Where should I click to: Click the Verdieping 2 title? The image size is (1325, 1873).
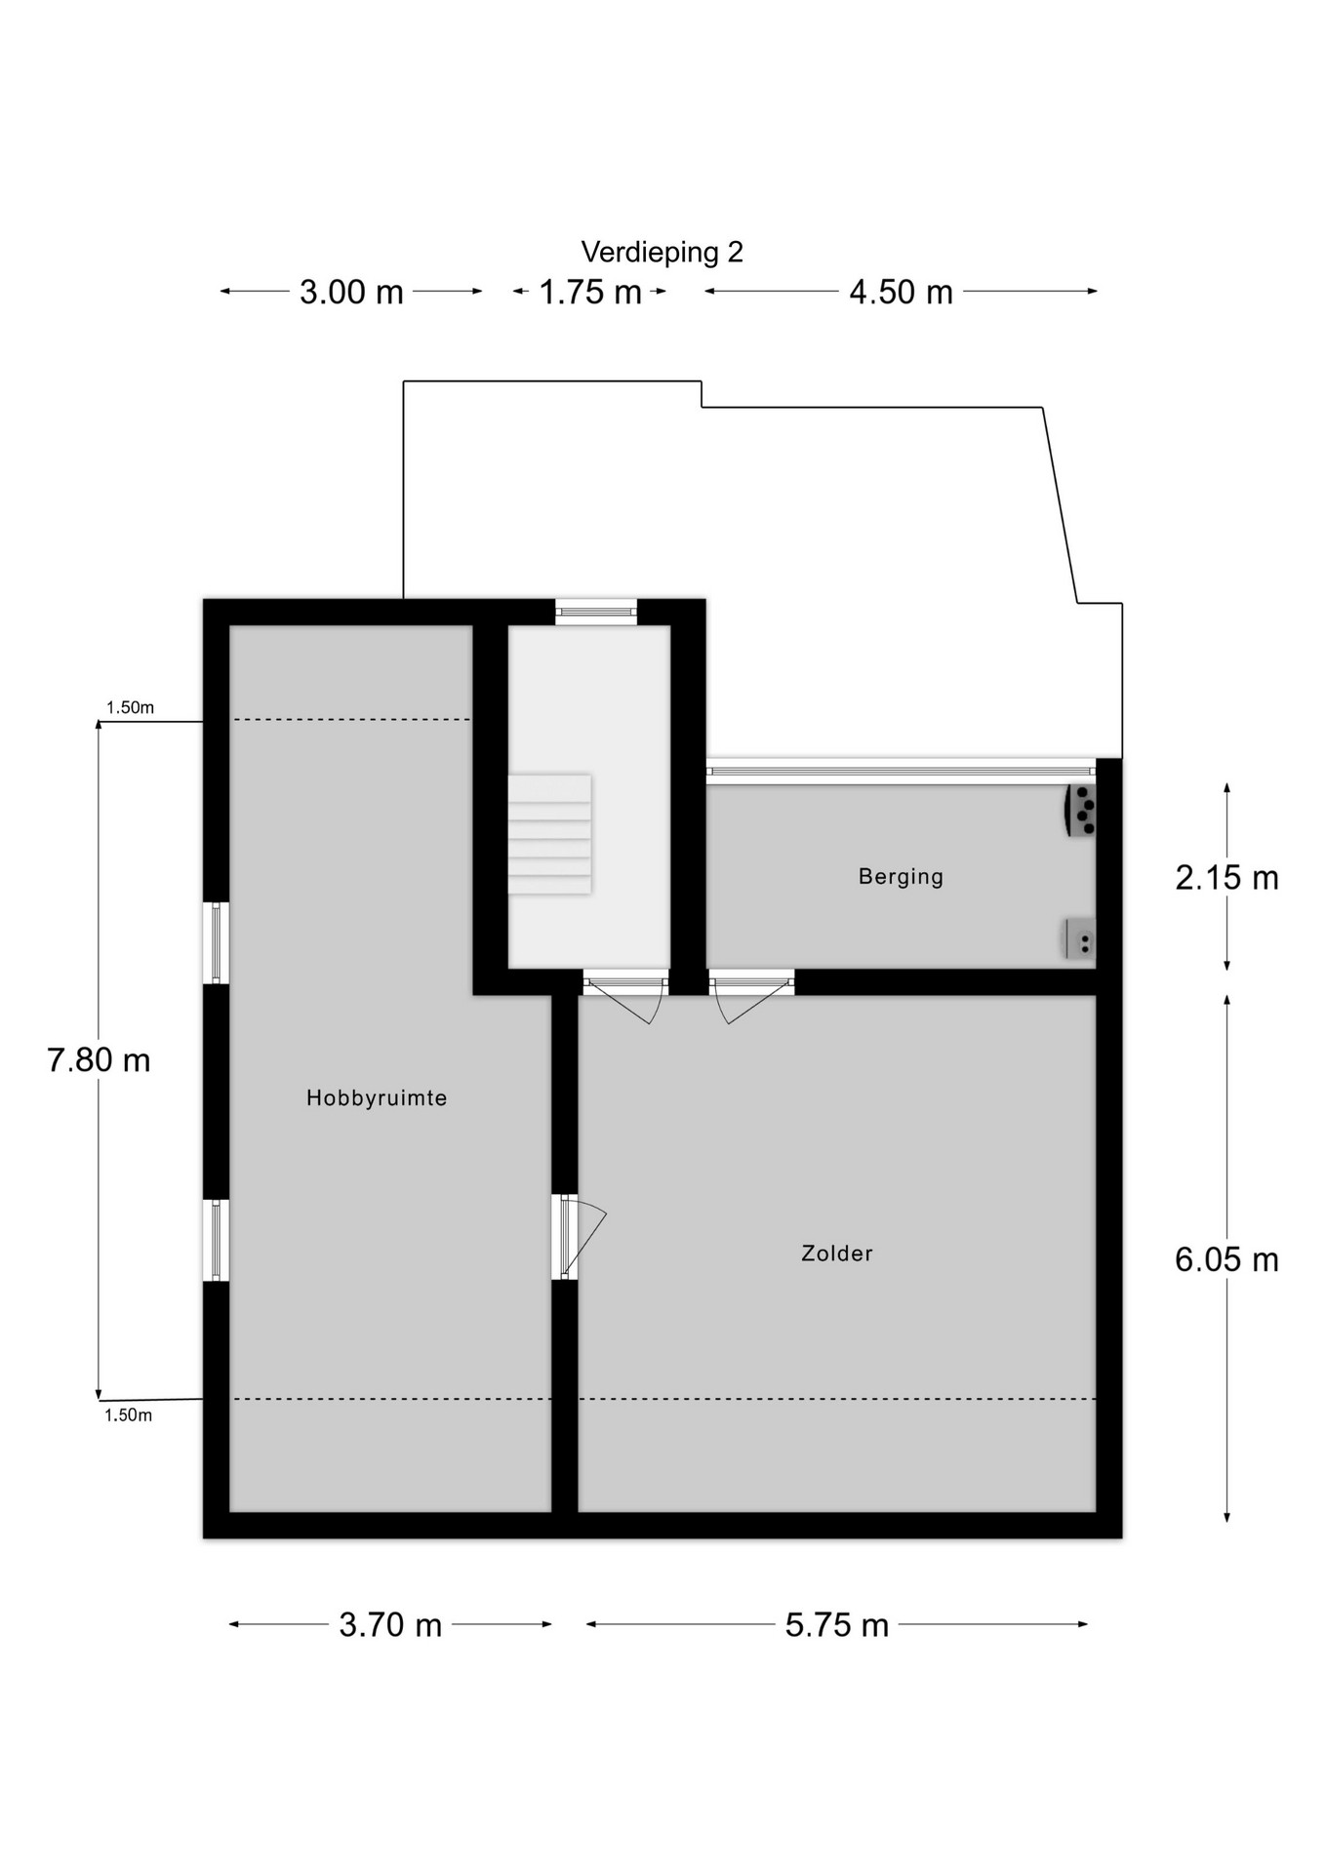(662, 253)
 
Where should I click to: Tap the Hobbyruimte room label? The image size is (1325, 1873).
(377, 1098)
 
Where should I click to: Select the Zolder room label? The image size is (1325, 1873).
(837, 1254)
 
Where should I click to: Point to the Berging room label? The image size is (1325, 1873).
(901, 877)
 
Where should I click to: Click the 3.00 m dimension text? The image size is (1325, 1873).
(351, 293)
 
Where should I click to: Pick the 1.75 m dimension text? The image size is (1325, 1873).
(590, 293)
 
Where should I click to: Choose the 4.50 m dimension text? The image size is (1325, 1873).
(901, 293)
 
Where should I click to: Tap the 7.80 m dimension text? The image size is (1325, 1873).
(99, 1060)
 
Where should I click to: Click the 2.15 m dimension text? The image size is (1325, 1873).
(1226, 878)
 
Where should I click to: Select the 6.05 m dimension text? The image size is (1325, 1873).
(1226, 1260)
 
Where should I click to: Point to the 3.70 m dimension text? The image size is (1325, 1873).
(390, 1625)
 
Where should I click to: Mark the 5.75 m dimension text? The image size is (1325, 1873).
(837, 1625)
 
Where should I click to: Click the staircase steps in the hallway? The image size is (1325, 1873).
(549, 834)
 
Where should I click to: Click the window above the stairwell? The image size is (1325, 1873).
(596, 612)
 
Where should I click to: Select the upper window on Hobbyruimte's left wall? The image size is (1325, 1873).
(217, 943)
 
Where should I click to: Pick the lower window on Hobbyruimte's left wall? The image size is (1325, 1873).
(217, 1240)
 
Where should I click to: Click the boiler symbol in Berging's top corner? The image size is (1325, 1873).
(1080, 811)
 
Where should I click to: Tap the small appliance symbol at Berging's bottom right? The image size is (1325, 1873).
(1080, 939)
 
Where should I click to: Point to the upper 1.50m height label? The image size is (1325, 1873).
(130, 708)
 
